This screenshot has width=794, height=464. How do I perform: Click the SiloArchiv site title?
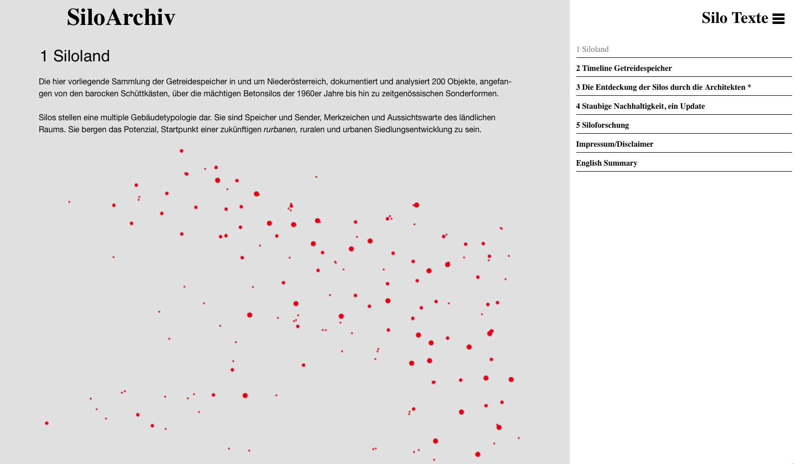click(x=121, y=17)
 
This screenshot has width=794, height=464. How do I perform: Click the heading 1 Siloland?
click(x=74, y=56)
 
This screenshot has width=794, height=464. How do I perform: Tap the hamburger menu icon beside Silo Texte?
click(x=778, y=19)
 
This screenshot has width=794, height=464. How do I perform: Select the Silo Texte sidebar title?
click(x=734, y=18)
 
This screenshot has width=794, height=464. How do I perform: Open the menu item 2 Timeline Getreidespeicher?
click(x=624, y=68)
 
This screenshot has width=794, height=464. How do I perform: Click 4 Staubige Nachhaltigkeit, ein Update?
click(x=640, y=106)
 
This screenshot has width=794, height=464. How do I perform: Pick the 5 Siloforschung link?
click(x=602, y=125)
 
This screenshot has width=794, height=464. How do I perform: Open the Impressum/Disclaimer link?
click(x=614, y=144)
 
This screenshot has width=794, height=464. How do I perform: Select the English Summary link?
click(x=606, y=163)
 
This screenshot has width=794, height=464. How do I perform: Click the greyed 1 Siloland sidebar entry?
click(x=592, y=49)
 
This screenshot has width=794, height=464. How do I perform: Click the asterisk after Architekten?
click(x=749, y=87)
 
